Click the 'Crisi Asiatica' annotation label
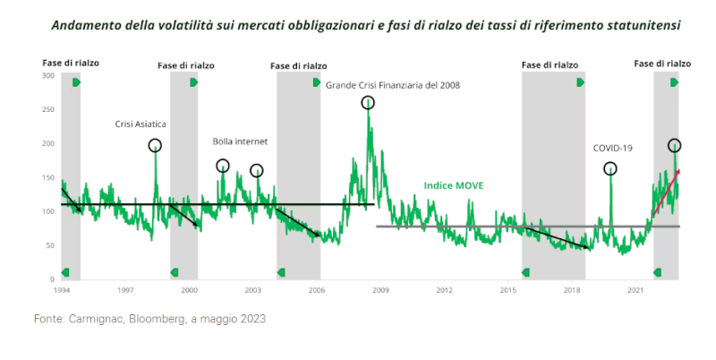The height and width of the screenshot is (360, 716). pyautogui.click(x=141, y=124)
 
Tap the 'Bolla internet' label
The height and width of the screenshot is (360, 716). pyautogui.click(x=240, y=141)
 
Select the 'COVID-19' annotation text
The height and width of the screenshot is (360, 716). pyautogui.click(x=613, y=149)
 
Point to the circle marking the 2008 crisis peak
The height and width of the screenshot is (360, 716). pyautogui.click(x=368, y=103)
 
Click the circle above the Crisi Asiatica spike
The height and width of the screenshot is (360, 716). pyautogui.click(x=155, y=145)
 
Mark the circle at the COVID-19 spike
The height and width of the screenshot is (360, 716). pyautogui.click(x=609, y=168)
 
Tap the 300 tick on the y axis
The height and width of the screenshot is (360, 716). pyautogui.click(x=47, y=75)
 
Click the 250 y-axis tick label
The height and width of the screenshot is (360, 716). pyautogui.click(x=47, y=109)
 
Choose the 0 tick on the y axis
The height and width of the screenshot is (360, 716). pyautogui.click(x=52, y=279)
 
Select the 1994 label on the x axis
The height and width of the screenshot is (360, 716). pyautogui.click(x=62, y=291)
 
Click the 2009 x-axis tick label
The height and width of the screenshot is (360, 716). pyautogui.click(x=379, y=291)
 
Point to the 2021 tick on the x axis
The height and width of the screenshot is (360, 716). pyautogui.click(x=635, y=291)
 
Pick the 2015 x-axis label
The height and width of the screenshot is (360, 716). pyautogui.click(x=507, y=291)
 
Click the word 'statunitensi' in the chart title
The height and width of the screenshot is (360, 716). pyautogui.click(x=642, y=25)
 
